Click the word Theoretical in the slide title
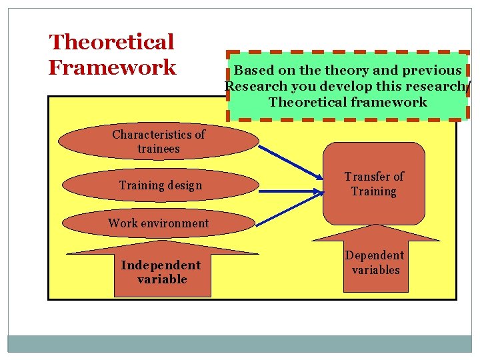tap(111, 43)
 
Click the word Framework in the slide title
tap(112, 67)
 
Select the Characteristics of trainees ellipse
tap(158, 141)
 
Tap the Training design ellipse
tap(160, 185)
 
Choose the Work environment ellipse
tap(158, 223)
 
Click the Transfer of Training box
tap(373, 184)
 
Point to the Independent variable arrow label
tap(162, 272)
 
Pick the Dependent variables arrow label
tap(375, 263)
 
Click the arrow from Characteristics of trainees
tap(290, 163)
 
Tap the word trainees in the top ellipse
tap(158, 149)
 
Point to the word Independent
tap(161, 265)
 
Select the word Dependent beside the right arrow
tap(375, 255)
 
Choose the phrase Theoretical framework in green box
tap(347, 102)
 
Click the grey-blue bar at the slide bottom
tap(240, 343)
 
